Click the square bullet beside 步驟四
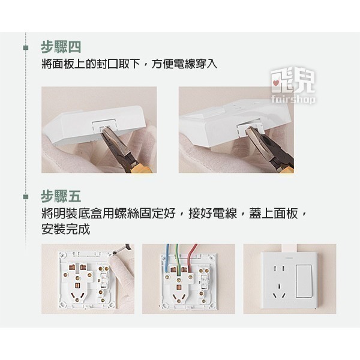[25, 47]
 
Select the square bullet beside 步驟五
[25, 197]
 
